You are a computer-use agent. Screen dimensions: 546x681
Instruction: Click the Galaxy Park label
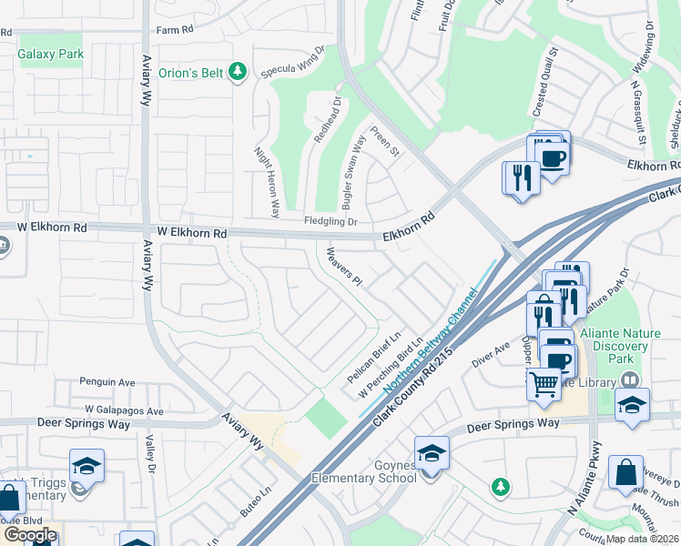click(x=51, y=54)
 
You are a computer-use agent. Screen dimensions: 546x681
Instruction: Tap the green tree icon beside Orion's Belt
click(x=238, y=71)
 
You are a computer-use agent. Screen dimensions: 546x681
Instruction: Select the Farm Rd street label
click(x=176, y=29)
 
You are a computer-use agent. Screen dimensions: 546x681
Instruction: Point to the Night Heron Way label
click(x=266, y=183)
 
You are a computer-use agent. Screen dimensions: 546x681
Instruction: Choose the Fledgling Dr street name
click(x=330, y=221)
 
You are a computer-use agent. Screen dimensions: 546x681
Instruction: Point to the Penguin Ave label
click(x=107, y=382)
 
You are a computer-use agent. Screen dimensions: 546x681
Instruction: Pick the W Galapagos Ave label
click(x=125, y=410)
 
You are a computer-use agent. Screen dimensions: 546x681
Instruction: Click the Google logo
click(x=29, y=534)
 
